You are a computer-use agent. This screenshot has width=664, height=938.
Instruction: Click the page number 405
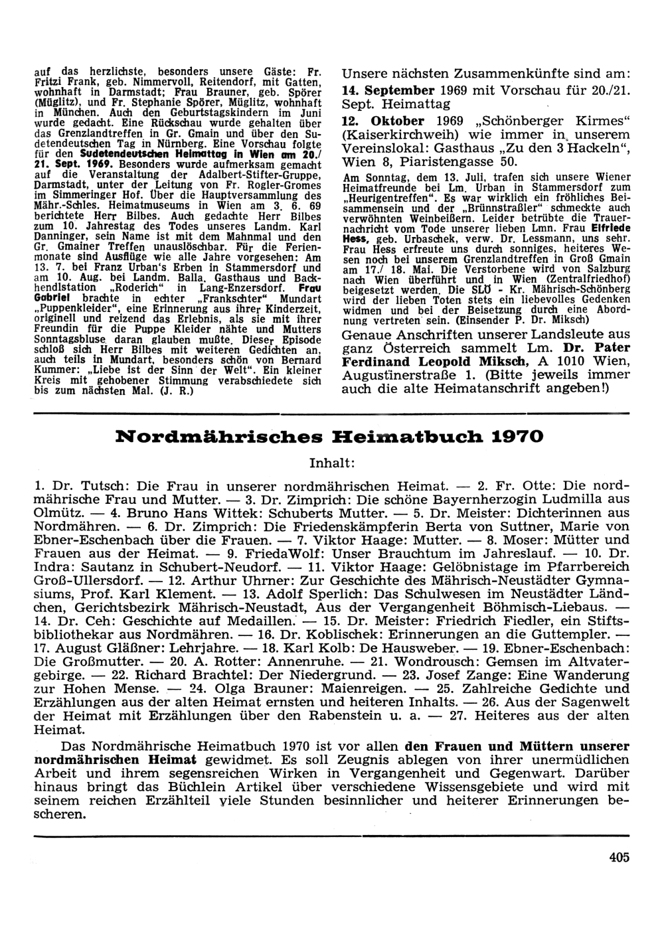pyautogui.click(x=618, y=856)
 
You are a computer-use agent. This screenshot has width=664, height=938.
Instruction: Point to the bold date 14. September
pyautogui.click(x=388, y=90)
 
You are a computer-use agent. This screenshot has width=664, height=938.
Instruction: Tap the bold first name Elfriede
pyautogui.click(x=609, y=227)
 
